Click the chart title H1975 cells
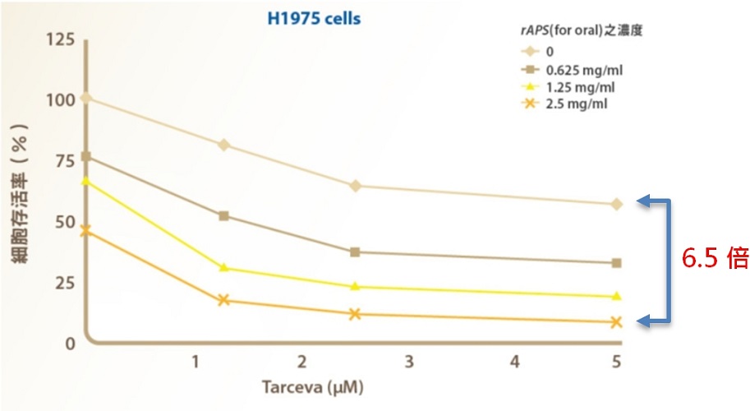(314, 19)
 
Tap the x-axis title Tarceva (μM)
(312, 386)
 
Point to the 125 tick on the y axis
(61, 39)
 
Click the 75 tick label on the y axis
(65, 161)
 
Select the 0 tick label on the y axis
(71, 344)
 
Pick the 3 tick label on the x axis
(409, 361)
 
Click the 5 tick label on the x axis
(616, 361)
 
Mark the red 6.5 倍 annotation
(715, 259)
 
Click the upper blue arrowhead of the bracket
(643, 201)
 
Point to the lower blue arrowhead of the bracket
(643, 321)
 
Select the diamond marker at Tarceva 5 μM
(617, 205)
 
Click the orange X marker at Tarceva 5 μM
(617, 322)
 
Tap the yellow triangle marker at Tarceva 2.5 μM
(355, 286)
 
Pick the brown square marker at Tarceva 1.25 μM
(223, 216)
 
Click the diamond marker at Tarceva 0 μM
(86, 98)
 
